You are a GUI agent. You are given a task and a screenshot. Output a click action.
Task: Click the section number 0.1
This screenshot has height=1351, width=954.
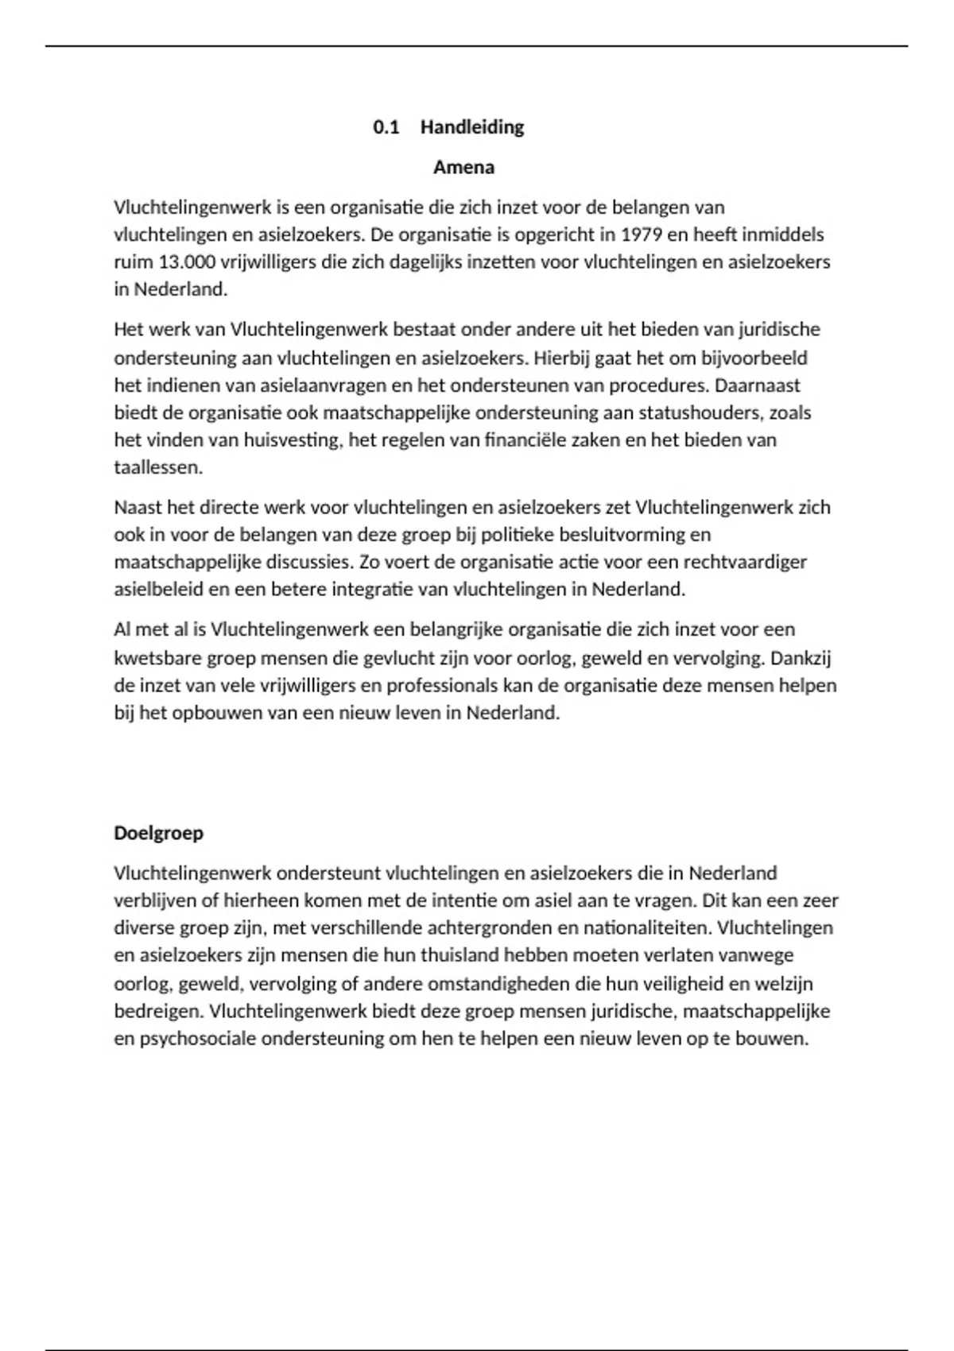pyautogui.click(x=386, y=127)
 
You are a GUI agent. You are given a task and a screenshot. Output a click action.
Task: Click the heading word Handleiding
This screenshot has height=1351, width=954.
pyautogui.click(x=472, y=127)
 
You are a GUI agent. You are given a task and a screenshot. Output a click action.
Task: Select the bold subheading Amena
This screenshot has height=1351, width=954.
pyautogui.click(x=463, y=168)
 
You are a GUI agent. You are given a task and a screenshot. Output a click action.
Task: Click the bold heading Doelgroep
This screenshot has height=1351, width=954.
pyautogui.click(x=158, y=833)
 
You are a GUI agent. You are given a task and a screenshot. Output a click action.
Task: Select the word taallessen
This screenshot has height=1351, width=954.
pyautogui.click(x=157, y=467)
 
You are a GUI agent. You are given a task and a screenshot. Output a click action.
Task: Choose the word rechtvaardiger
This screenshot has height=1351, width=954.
pyautogui.click(x=744, y=562)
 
